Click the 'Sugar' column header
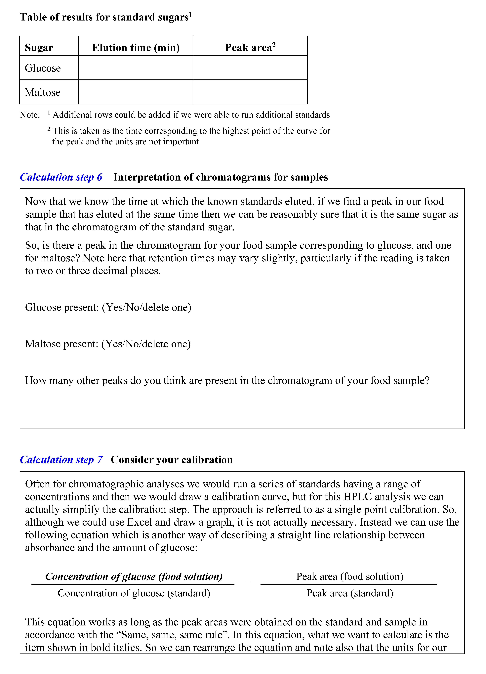(x=39, y=48)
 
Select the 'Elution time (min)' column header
(x=136, y=48)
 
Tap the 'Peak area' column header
(x=250, y=48)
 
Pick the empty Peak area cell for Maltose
(x=250, y=92)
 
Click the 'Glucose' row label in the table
(x=43, y=68)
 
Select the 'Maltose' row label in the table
(x=42, y=92)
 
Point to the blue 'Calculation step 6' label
(x=61, y=177)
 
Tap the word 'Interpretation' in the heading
(x=147, y=177)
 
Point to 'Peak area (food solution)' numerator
(x=350, y=576)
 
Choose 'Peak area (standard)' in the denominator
(x=350, y=593)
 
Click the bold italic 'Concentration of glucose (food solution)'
(x=134, y=576)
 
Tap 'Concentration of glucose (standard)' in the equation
(x=134, y=593)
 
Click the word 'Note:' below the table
(x=30, y=115)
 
